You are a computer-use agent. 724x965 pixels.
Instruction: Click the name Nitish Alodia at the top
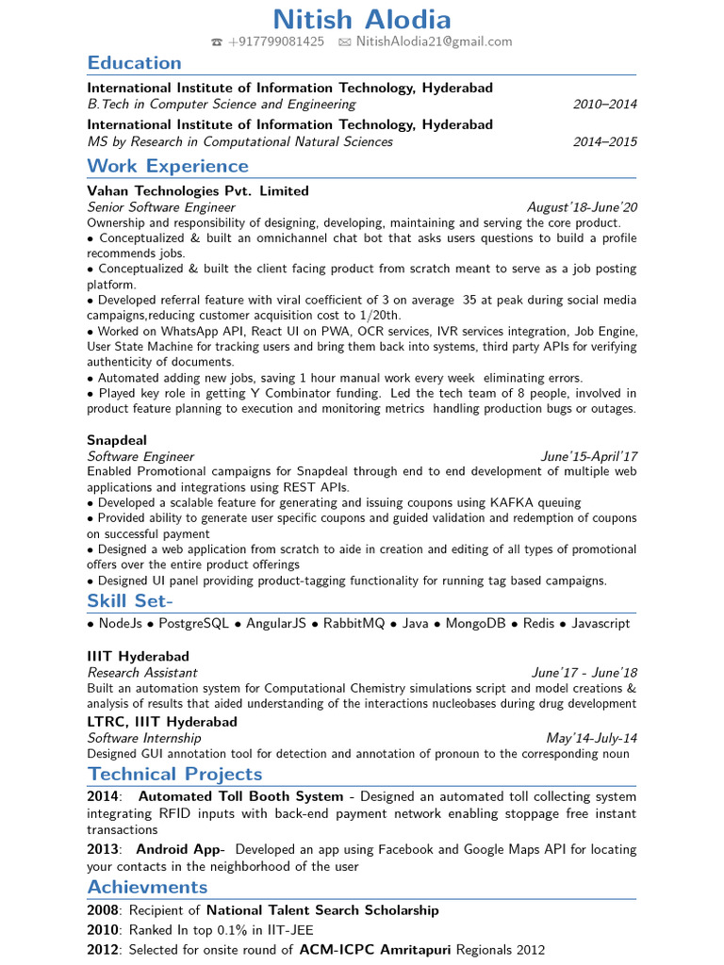362,19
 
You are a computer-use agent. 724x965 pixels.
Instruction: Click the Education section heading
134,63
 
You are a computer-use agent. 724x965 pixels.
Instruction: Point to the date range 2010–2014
604,105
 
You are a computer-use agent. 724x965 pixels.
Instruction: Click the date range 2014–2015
604,142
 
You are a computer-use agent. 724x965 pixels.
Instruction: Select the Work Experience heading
168,167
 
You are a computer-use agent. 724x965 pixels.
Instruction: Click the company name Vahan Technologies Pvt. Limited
198,191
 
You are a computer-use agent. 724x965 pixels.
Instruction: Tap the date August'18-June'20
582,207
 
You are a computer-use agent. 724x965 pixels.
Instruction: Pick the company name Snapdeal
117,440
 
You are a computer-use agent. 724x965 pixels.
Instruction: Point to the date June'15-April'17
588,456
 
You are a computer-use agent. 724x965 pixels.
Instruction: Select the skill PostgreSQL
194,624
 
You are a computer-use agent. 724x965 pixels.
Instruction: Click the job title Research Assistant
142,673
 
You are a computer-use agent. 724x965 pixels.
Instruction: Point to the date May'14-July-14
591,738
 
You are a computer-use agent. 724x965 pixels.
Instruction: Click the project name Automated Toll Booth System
240,796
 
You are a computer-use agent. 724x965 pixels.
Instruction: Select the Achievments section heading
147,887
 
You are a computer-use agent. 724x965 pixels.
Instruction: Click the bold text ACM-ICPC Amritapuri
375,950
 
